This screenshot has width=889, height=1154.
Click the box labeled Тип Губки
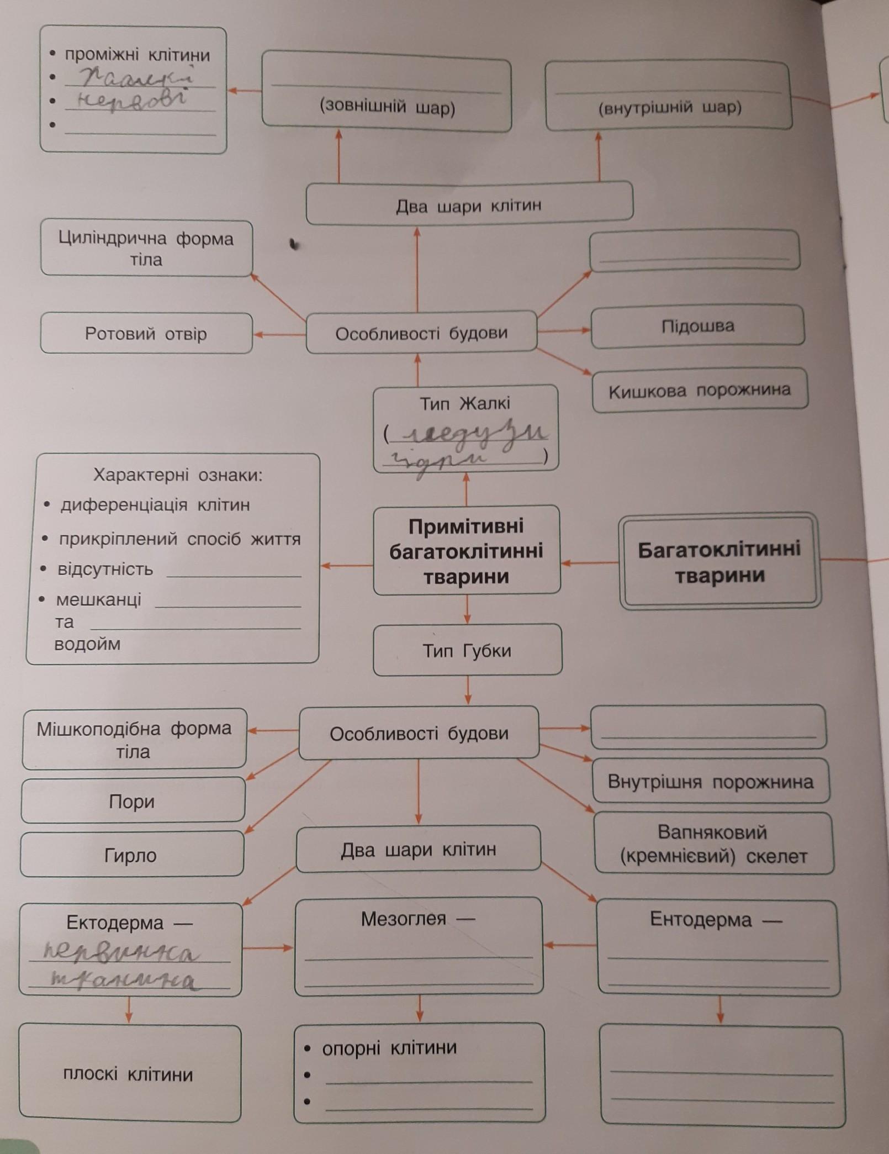[467, 650]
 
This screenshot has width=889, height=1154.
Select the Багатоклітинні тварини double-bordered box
[719, 562]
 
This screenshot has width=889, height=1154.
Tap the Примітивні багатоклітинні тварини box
[467, 550]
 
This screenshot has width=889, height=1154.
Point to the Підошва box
[697, 326]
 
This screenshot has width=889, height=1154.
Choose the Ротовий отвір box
[146, 334]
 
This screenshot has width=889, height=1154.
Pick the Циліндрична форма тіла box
[146, 249]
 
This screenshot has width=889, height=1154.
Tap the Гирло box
[131, 855]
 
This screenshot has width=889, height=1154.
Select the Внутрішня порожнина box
[711, 782]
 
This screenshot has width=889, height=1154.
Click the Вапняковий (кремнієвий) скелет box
[713, 844]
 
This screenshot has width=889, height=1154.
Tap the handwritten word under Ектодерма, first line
[121, 952]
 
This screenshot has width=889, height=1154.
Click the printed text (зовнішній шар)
[387, 107]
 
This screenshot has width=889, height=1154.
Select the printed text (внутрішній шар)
[670, 107]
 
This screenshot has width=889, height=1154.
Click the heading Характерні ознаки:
[178, 475]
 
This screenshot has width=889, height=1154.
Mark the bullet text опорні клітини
[389, 1048]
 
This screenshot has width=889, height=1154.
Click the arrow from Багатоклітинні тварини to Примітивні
[589, 563]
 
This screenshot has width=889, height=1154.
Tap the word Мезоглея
[404, 919]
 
